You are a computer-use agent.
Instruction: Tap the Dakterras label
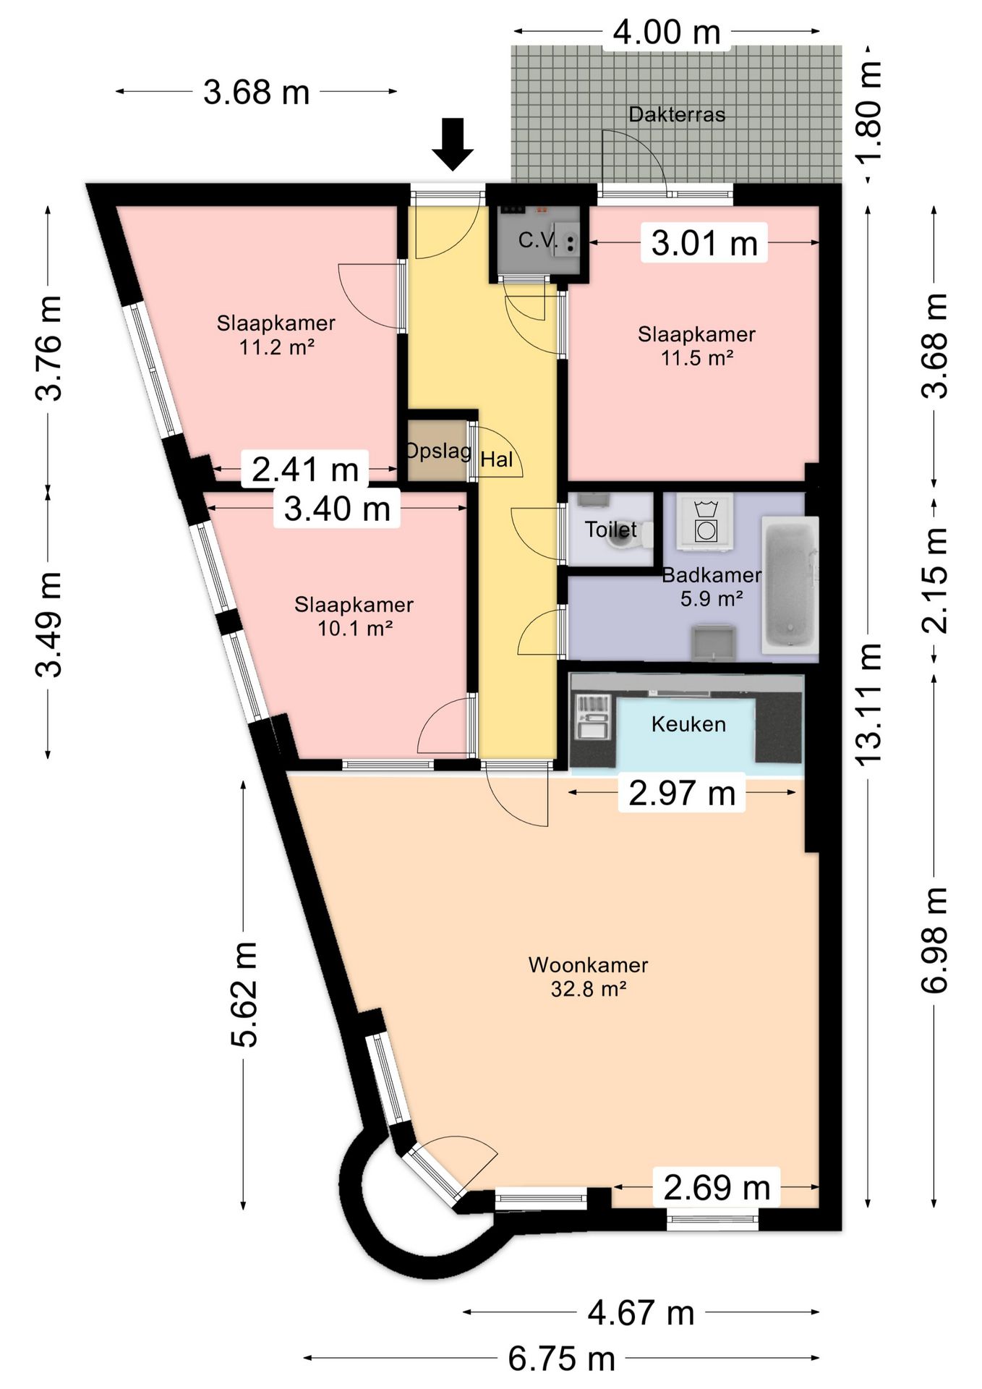click(x=677, y=114)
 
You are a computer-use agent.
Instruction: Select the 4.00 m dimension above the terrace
click(x=667, y=33)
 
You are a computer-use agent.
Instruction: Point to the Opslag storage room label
click(x=438, y=451)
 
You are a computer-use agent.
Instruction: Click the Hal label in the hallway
click(x=497, y=459)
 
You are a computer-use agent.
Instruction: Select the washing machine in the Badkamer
click(x=704, y=521)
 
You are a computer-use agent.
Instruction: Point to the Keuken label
click(x=688, y=724)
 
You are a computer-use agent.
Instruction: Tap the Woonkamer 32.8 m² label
click(x=589, y=977)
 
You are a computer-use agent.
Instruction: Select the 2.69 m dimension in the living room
click(x=716, y=1187)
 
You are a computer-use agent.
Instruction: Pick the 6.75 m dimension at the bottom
click(x=562, y=1358)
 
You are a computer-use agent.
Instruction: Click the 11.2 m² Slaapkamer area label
click(x=276, y=335)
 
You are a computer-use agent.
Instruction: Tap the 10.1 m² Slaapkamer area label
click(x=354, y=616)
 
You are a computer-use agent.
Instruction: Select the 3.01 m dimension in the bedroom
click(x=704, y=243)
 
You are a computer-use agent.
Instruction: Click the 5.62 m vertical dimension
click(x=244, y=994)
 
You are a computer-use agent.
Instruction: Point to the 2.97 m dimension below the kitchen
click(x=682, y=793)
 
